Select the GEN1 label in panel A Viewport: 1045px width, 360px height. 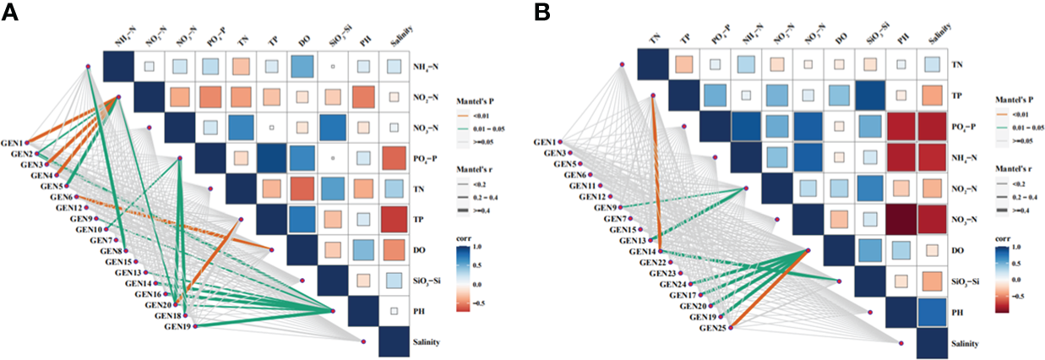(14, 135)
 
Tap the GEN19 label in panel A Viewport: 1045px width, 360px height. (178, 325)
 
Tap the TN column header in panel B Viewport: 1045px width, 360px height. (653, 39)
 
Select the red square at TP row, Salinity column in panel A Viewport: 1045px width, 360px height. (391, 220)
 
